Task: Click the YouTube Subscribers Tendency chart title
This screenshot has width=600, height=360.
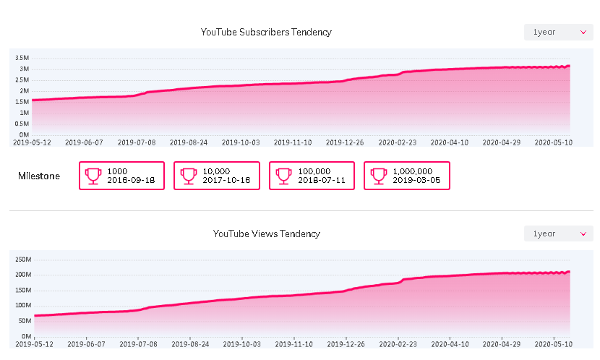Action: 266,33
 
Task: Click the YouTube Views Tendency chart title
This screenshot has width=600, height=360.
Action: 266,234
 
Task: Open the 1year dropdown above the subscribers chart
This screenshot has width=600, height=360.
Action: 558,33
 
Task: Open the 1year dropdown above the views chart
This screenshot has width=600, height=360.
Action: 558,234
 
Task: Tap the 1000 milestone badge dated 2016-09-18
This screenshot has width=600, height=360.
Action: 121,176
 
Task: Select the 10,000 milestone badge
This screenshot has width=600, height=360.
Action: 216,176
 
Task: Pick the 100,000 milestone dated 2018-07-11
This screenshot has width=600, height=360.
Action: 312,176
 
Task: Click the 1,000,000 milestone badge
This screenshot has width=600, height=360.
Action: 406,176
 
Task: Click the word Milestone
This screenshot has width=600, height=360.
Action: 39,176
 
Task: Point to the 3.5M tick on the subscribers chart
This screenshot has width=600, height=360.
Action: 22,58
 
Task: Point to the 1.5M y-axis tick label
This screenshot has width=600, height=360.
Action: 22,102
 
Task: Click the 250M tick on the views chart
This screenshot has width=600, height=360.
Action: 22,260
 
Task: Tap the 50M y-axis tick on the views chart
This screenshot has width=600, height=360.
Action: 24,321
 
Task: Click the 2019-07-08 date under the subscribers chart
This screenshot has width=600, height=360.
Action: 137,143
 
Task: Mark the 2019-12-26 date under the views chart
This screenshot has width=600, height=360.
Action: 344,345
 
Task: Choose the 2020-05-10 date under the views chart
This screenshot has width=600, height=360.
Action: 553,345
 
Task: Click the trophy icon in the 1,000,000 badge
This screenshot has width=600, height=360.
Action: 379,176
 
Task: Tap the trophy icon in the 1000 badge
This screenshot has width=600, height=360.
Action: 93,176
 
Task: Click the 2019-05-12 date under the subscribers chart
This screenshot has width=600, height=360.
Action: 33,143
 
